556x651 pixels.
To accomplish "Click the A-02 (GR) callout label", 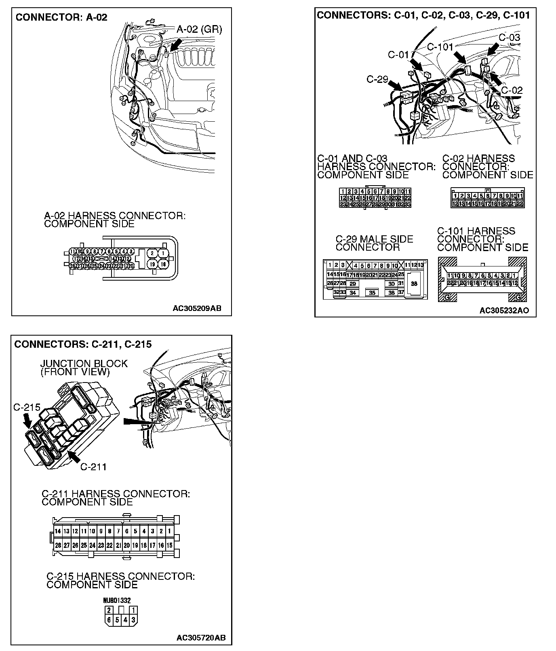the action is tap(199, 29).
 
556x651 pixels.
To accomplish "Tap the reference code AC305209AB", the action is tap(197, 309).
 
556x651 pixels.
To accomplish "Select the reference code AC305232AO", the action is tap(504, 311).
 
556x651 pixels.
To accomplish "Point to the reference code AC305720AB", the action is tap(201, 638).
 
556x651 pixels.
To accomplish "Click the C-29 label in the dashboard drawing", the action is tap(377, 79).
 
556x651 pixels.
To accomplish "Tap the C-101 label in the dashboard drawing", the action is tap(440, 47).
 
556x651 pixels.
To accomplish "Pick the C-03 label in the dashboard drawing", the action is tap(509, 38).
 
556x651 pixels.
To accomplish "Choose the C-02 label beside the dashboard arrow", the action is tap(512, 90).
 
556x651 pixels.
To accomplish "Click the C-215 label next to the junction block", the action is tap(27, 407).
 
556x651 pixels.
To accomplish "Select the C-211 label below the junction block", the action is tap(93, 467).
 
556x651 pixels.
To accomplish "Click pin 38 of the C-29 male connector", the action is tap(414, 284).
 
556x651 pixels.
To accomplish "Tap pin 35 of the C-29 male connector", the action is tap(372, 293).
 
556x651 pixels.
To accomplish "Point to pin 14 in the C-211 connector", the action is tap(58, 531).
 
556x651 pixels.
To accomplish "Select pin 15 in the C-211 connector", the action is tap(169, 545).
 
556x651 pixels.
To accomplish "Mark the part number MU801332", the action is tap(117, 601).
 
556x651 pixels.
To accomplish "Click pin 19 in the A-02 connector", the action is tap(152, 264).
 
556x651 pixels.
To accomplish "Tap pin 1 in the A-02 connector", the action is tap(163, 253).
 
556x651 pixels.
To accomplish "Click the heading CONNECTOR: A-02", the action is tap(61, 17).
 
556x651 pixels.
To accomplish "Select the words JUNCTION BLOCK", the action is tap(84, 364).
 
